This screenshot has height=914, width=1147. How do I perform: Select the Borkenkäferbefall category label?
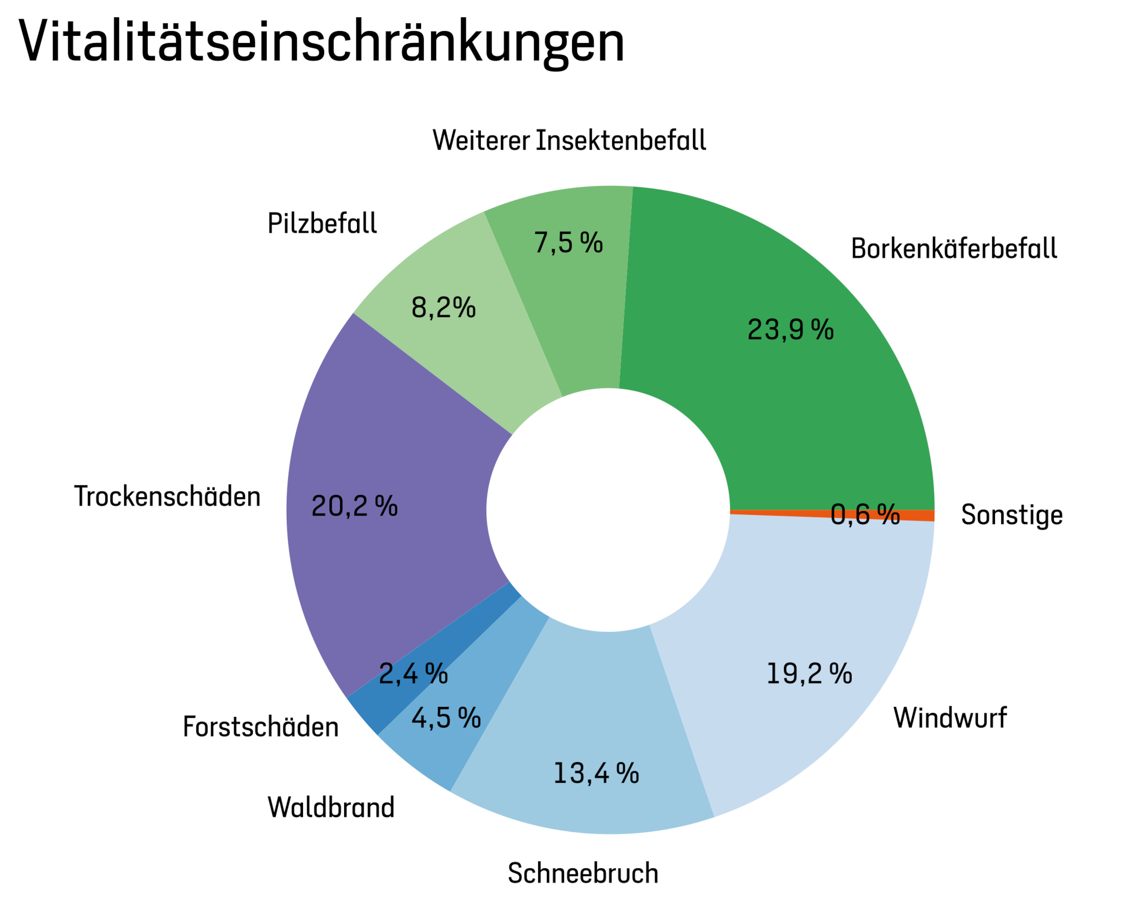(954, 249)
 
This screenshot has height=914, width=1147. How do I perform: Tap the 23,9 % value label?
(790, 329)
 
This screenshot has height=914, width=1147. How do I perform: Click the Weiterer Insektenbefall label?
(569, 141)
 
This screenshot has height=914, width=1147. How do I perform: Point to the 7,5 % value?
(568, 242)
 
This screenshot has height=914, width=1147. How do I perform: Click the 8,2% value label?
(443, 307)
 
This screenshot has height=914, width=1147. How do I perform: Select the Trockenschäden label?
(167, 496)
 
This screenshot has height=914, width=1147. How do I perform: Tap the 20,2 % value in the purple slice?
(354, 505)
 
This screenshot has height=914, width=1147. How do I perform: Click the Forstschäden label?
(260, 727)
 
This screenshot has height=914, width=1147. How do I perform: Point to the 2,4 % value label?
(413, 674)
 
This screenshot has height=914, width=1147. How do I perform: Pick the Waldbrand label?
(331, 807)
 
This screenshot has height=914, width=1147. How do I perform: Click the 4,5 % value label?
(446, 718)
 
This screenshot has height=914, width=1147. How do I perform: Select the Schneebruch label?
(583, 873)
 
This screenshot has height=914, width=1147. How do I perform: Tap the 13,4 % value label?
(596, 773)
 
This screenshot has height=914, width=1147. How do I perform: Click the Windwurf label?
(950, 718)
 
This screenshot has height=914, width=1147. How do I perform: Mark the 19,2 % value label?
(809, 674)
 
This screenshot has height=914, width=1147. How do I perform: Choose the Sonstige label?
(1012, 515)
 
